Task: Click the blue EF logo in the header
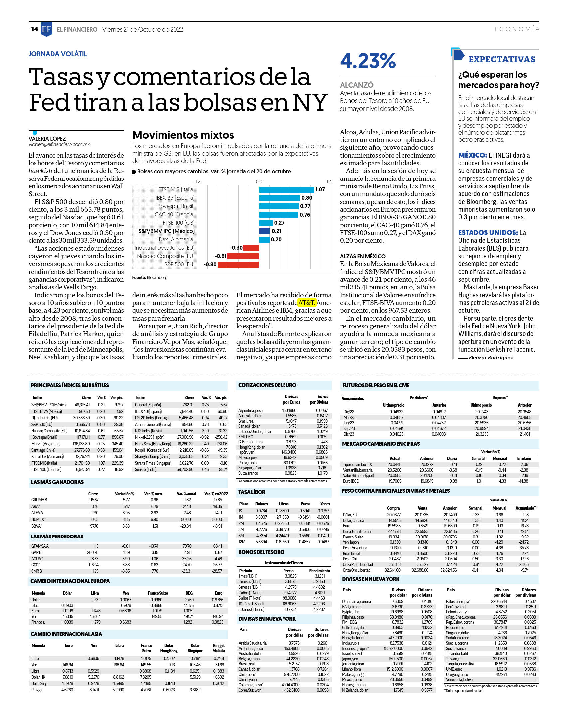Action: point(46,29)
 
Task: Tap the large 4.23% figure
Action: point(368,61)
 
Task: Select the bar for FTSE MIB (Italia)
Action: point(286,189)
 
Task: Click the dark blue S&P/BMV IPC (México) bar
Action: point(265,231)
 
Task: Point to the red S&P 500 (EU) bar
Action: point(238,264)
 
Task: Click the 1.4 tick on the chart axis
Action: point(329,182)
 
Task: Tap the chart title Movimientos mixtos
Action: point(183,135)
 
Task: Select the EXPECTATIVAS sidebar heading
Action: point(502,59)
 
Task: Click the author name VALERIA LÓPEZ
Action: point(47,139)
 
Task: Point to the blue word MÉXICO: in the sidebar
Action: point(473,155)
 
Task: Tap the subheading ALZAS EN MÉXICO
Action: point(363,256)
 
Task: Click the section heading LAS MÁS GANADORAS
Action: point(57,482)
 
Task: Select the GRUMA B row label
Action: point(39,500)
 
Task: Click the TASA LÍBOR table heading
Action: point(252,492)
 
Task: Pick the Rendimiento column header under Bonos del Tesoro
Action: point(319,571)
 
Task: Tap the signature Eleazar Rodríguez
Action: point(490,358)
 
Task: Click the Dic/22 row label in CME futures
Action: point(349,412)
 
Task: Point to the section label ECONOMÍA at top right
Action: point(517,29)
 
